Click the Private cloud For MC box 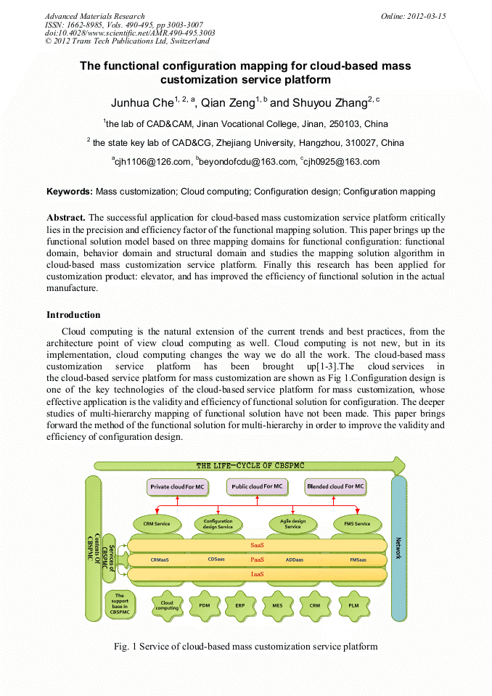[x=177, y=486]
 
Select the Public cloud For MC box [x=257, y=486]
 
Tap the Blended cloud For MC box [x=335, y=486]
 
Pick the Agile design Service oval [x=292, y=523]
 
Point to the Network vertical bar [x=398, y=548]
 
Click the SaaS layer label [x=258, y=544]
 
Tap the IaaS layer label [x=258, y=574]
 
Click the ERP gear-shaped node [x=239, y=604]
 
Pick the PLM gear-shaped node [x=353, y=604]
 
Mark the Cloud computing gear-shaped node [x=167, y=604]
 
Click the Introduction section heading [x=73, y=315]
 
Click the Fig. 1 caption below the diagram [x=246, y=646]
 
